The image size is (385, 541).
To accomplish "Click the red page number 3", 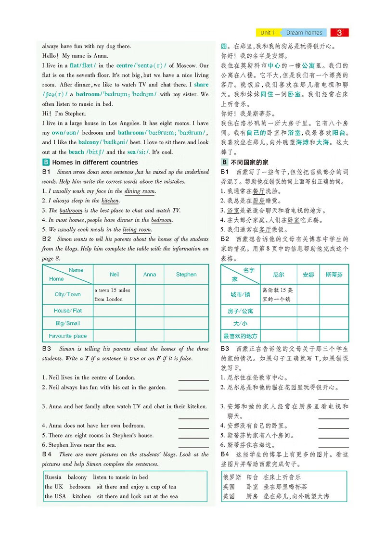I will (x=339, y=33).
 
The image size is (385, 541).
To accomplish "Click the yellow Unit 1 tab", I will (x=267, y=33).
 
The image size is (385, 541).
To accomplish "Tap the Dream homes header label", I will (x=304, y=33).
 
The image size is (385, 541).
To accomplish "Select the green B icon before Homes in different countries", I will (x=46, y=163).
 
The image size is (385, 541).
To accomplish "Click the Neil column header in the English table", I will (x=115, y=275).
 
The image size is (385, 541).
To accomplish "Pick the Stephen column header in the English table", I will (x=186, y=275).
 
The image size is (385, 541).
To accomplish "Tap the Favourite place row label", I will (x=67, y=336).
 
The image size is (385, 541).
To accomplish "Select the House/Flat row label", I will (x=67, y=311).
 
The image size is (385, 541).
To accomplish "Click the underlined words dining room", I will (x=140, y=191).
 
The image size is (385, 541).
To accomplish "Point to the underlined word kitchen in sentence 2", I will (x=110, y=201).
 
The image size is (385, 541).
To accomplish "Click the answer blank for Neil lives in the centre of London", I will (x=193, y=378).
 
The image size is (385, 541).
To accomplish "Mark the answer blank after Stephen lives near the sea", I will (x=193, y=445).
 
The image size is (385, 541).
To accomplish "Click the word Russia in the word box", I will (x=53, y=478).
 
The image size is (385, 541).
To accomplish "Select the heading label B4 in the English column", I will (x=47, y=454).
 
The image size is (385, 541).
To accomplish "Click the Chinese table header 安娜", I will (x=308, y=275).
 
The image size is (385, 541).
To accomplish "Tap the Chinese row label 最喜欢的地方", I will (x=240, y=336).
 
